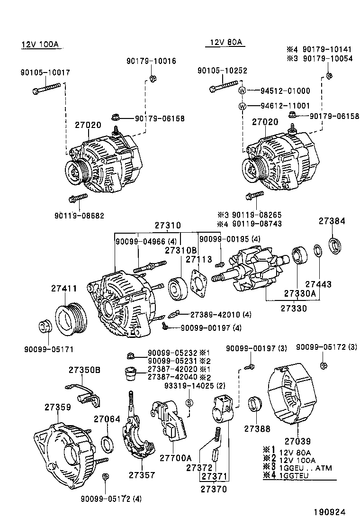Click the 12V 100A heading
pos(39,45)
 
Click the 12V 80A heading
pos(224,43)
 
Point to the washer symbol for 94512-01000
pos(242,91)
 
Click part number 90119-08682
pos(80,216)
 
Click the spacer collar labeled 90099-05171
pos(45,327)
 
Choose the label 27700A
pos(175,458)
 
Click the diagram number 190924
pos(328,512)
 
